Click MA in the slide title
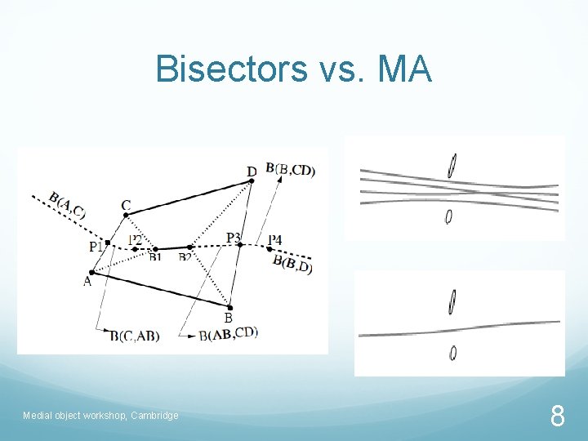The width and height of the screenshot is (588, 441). (404, 69)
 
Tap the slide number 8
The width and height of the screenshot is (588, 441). (557, 417)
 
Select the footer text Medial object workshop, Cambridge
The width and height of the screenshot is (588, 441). (100, 416)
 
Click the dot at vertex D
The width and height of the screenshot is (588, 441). (252, 181)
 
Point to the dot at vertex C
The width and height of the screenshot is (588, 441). (126, 216)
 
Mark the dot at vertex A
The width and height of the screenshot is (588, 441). (91, 273)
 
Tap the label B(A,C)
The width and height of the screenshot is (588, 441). (66, 204)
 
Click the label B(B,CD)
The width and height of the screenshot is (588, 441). (290, 170)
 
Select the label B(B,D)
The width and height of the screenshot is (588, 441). (292, 263)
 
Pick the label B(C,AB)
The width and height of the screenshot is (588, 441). (135, 335)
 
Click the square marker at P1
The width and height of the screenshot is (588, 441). (108, 243)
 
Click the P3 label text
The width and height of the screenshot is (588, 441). (234, 238)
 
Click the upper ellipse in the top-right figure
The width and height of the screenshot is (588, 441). (451, 166)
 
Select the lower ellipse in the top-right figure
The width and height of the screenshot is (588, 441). (448, 216)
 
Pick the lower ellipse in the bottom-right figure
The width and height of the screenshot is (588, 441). (452, 353)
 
